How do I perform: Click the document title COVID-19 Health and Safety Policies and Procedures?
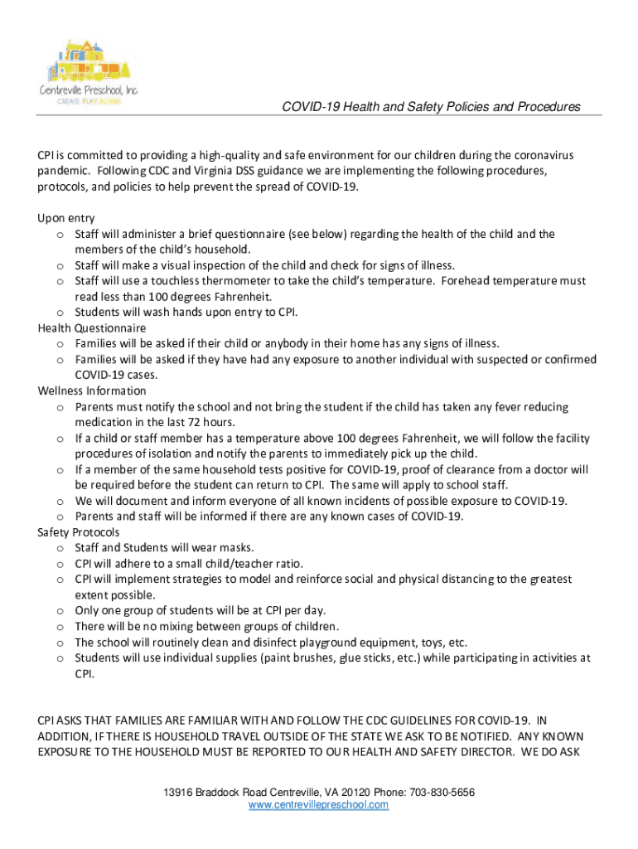pyautogui.click(x=431, y=107)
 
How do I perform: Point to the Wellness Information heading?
pyautogui.click(x=92, y=391)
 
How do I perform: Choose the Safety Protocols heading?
pyautogui.click(x=79, y=532)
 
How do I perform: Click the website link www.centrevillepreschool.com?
pyautogui.click(x=318, y=805)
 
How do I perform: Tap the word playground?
pyautogui.click(x=307, y=642)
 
